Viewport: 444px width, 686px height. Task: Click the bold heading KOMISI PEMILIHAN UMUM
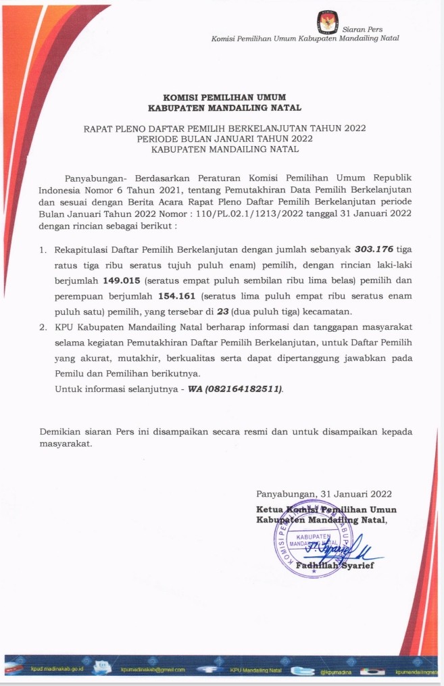pos(224,97)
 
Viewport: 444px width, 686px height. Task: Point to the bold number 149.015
pos(123,279)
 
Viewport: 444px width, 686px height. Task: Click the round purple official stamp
pos(312,538)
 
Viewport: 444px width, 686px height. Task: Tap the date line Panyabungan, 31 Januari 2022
pos(324,493)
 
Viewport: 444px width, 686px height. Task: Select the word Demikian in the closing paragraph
pos(60,431)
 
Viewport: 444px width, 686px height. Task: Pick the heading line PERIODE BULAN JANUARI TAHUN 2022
pos(225,138)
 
